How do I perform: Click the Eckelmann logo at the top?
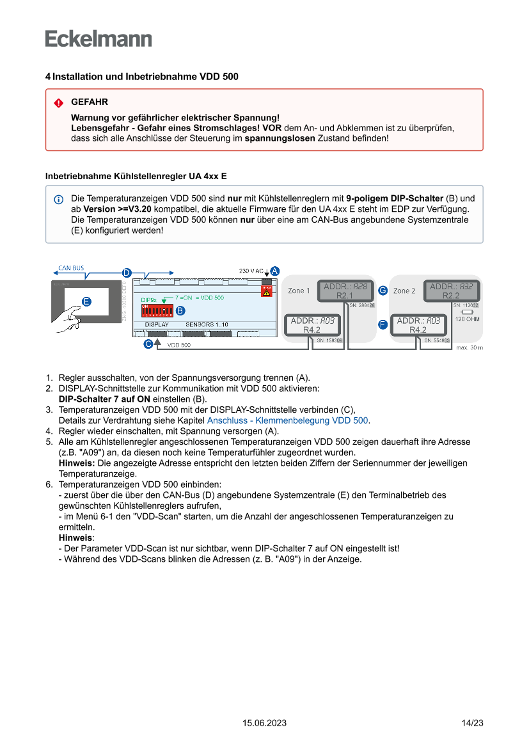pyautogui.click(x=99, y=39)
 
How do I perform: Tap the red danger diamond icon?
pyautogui.click(x=59, y=103)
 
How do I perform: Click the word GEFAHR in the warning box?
pyautogui.click(x=90, y=102)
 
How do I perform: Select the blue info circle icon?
pyautogui.click(x=59, y=199)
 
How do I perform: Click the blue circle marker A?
pyautogui.click(x=274, y=271)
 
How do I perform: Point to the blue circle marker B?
pyautogui.click(x=180, y=310)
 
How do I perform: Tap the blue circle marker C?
pyautogui.click(x=148, y=344)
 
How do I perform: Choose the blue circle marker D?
pyautogui.click(x=127, y=273)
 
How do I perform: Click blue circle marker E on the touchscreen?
pyautogui.click(x=86, y=301)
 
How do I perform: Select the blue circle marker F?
pyautogui.click(x=383, y=324)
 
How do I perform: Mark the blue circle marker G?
pyautogui.click(x=383, y=290)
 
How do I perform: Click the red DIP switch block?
pyautogui.click(x=157, y=311)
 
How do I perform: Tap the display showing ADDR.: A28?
pyautogui.click(x=345, y=291)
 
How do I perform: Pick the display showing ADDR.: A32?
pyautogui.click(x=451, y=291)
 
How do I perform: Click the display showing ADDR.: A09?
pyautogui.click(x=312, y=325)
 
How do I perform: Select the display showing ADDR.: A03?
pyautogui.click(x=418, y=325)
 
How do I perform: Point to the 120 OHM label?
pyautogui.click(x=468, y=319)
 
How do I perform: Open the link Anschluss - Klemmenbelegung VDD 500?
pyautogui.click(x=288, y=420)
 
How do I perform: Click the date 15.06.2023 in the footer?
pyautogui.click(x=264, y=723)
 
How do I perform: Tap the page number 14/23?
pyautogui.click(x=472, y=723)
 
